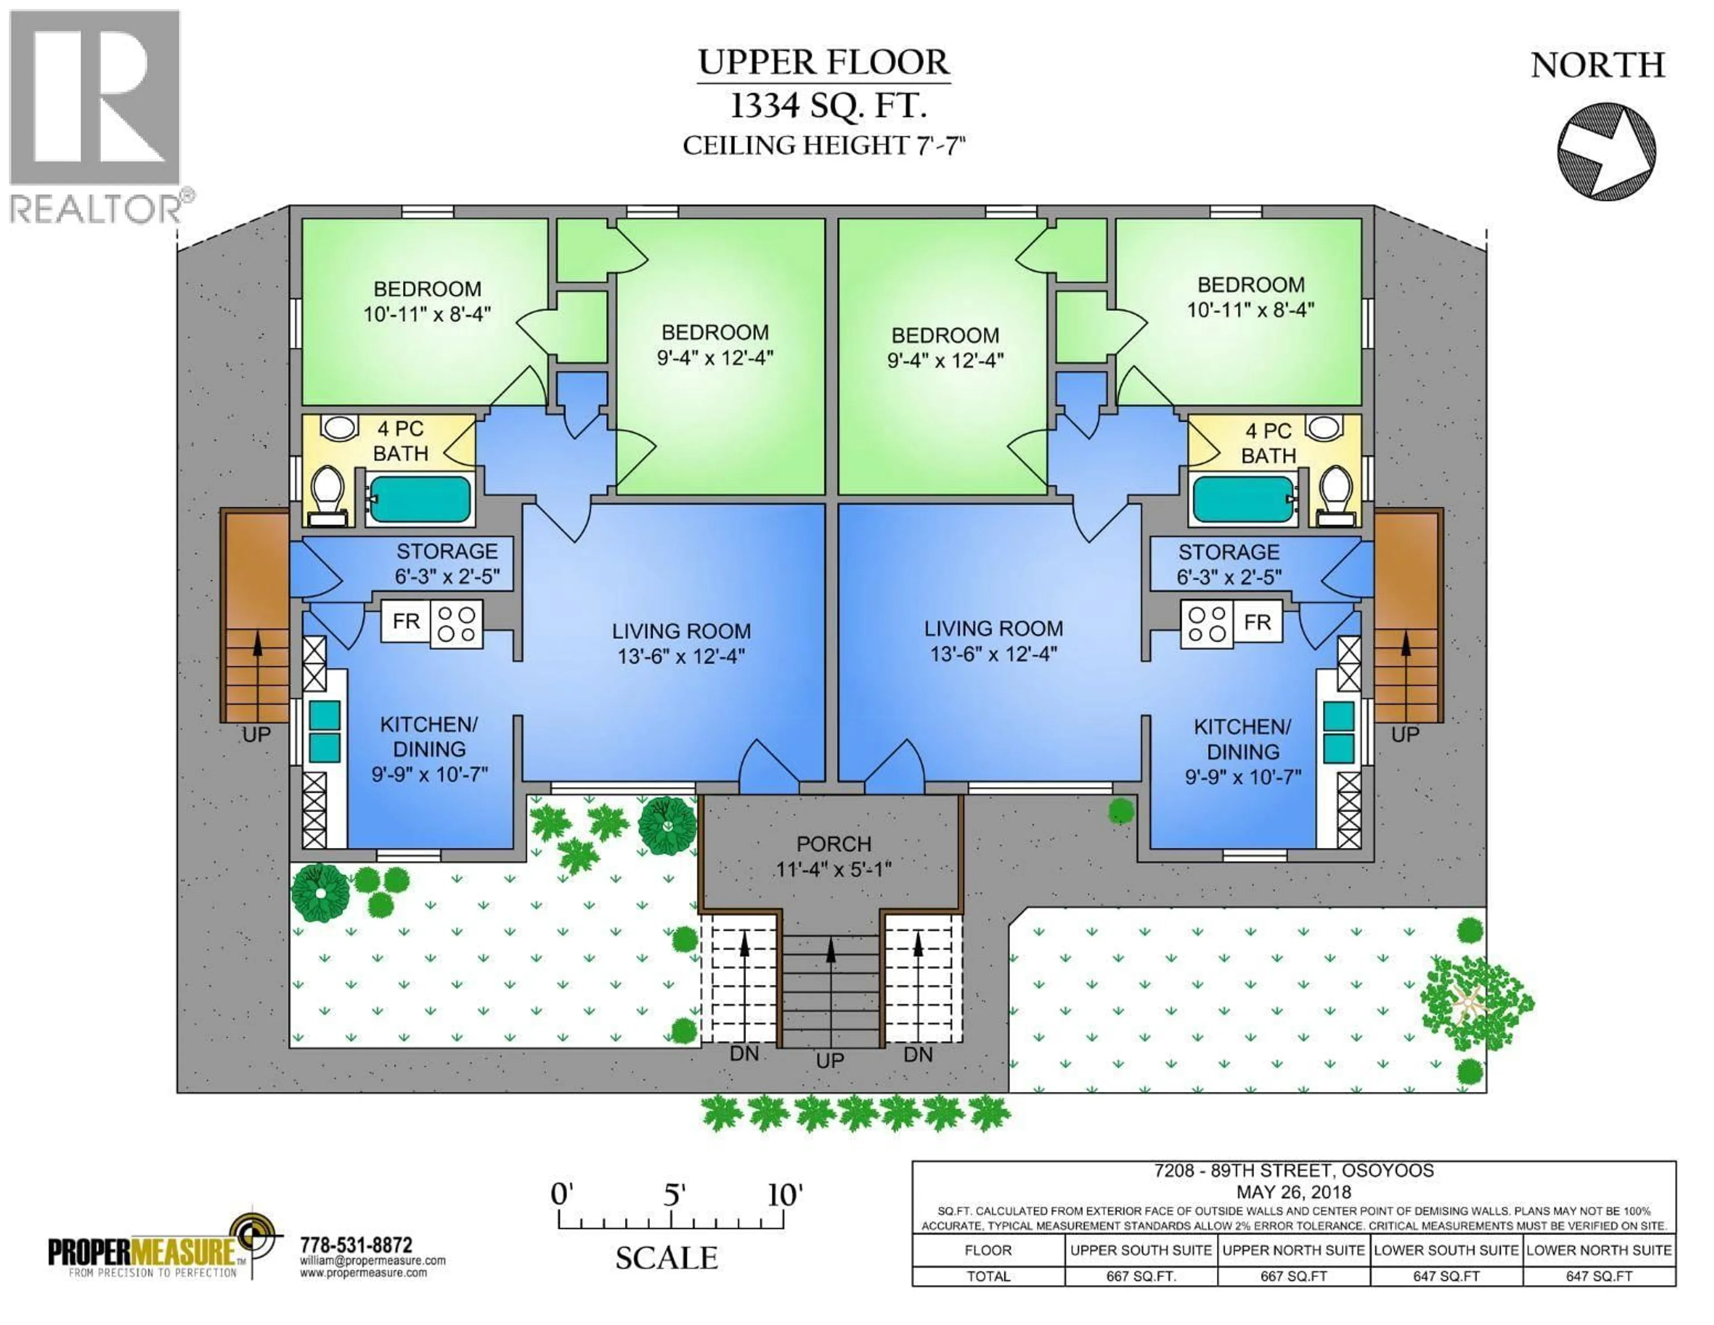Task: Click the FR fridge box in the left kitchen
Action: [406, 621]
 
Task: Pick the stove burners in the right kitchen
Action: [1207, 624]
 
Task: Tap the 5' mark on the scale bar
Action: [674, 1195]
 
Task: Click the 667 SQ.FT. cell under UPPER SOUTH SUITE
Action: [1140, 1276]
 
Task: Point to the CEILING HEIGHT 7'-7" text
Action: [823, 146]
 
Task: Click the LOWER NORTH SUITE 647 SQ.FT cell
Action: [1599, 1276]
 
